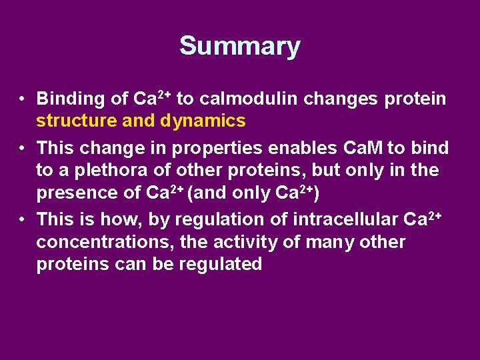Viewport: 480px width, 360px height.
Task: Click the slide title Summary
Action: point(239,46)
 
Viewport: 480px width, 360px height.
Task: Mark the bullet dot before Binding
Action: point(23,100)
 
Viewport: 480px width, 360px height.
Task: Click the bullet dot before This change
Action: point(23,147)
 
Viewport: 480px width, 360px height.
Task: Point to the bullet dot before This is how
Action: point(23,219)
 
